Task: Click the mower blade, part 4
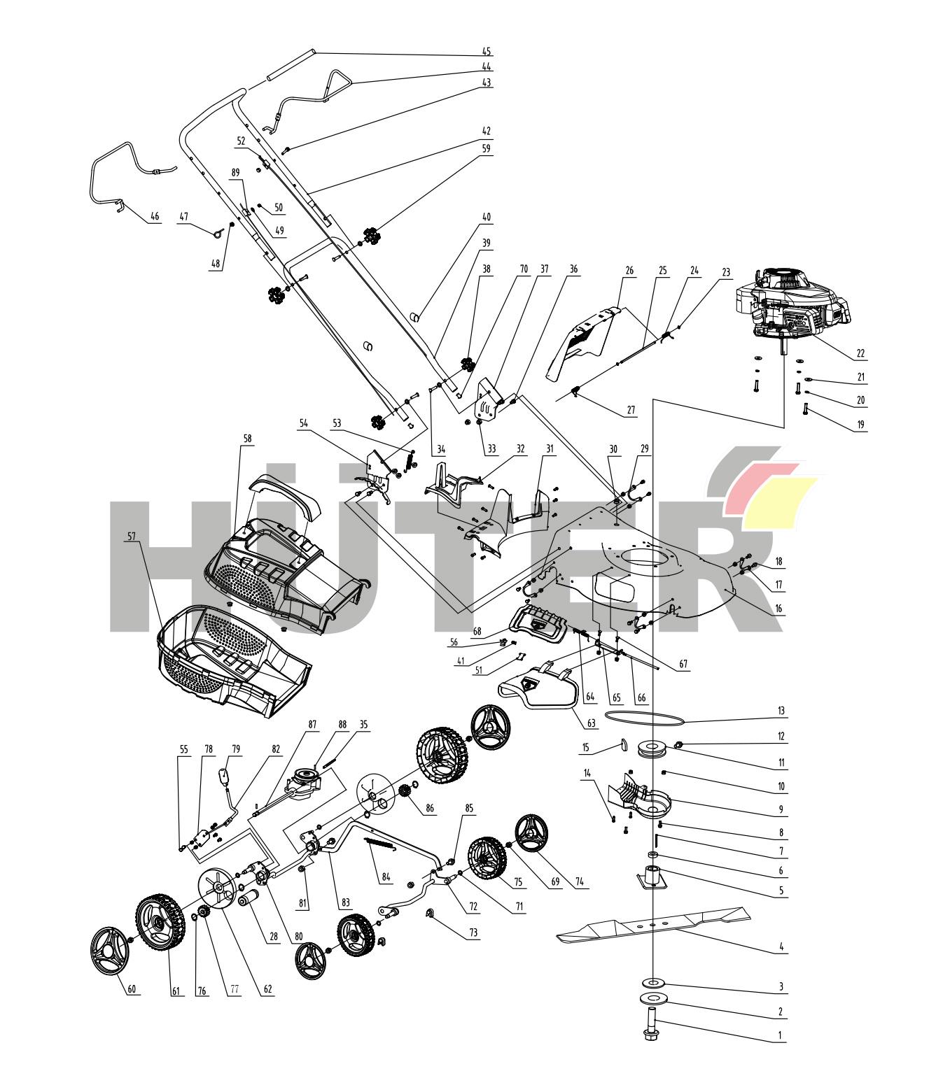click(x=653, y=923)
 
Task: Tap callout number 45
click(x=486, y=52)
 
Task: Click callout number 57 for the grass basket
click(x=131, y=537)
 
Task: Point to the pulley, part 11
click(x=652, y=749)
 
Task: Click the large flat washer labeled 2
click(x=652, y=1000)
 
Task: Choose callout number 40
click(x=486, y=218)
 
